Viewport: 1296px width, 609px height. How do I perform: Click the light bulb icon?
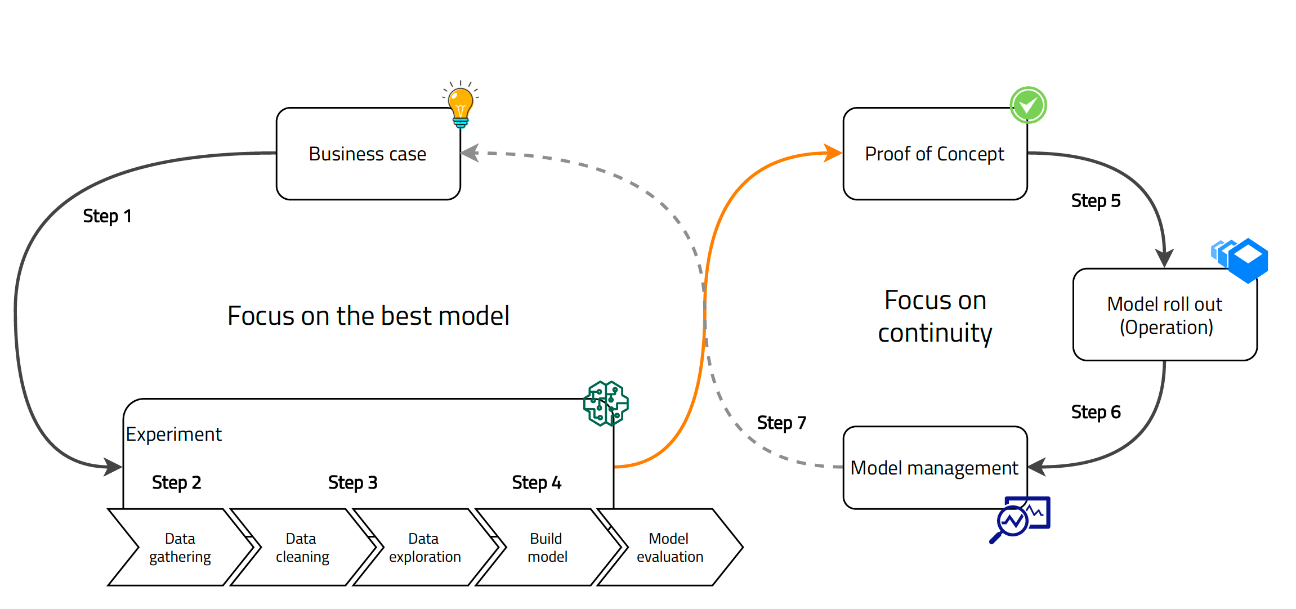[x=461, y=105]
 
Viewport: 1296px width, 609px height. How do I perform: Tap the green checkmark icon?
[x=1028, y=105]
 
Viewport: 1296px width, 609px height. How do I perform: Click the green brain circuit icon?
[x=606, y=403]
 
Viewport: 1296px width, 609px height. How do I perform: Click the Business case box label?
[x=368, y=154]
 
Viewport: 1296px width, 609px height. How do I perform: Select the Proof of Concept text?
[x=935, y=154]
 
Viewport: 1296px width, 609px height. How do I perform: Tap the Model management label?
[x=935, y=468]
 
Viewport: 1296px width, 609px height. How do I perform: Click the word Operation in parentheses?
[x=1166, y=327]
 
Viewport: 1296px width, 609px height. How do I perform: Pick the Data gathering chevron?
[x=180, y=547]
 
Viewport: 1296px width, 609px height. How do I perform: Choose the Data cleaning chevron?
[x=302, y=547]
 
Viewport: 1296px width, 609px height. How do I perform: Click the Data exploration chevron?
[x=424, y=547]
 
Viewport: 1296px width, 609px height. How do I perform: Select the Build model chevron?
[x=547, y=547]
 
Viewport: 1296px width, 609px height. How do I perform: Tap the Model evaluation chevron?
[x=669, y=547]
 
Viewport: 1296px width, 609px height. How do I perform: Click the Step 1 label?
[x=107, y=216]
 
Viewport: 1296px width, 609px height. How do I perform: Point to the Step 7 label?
[x=781, y=423]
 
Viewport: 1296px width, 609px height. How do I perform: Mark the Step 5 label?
[x=1096, y=201]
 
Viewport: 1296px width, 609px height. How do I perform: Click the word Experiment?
[x=173, y=435]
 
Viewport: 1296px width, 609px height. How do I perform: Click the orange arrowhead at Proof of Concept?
[x=833, y=153]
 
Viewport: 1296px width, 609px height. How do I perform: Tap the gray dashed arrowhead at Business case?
[x=470, y=153]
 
